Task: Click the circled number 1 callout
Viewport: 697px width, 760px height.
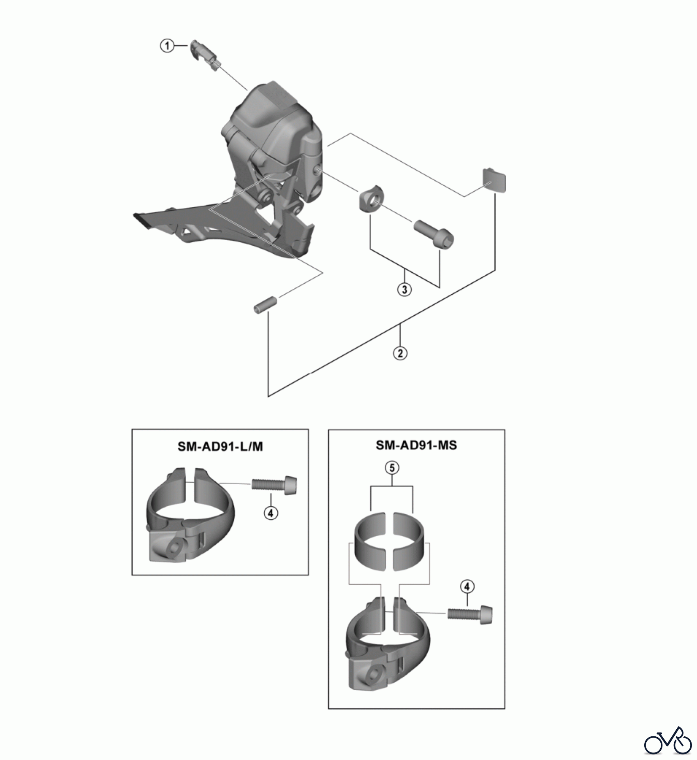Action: pos(167,46)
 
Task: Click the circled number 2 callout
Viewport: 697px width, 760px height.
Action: pos(400,353)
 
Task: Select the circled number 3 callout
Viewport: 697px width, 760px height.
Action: pos(404,290)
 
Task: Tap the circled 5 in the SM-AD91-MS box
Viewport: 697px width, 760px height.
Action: pos(392,468)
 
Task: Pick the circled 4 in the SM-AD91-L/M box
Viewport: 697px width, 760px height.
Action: pos(271,513)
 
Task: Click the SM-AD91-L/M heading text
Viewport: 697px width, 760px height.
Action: pos(220,446)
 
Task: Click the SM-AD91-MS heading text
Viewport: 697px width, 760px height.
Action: pos(416,445)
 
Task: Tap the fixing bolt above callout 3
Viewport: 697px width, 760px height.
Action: pos(434,233)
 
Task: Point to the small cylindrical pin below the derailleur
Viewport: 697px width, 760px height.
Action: pos(265,305)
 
